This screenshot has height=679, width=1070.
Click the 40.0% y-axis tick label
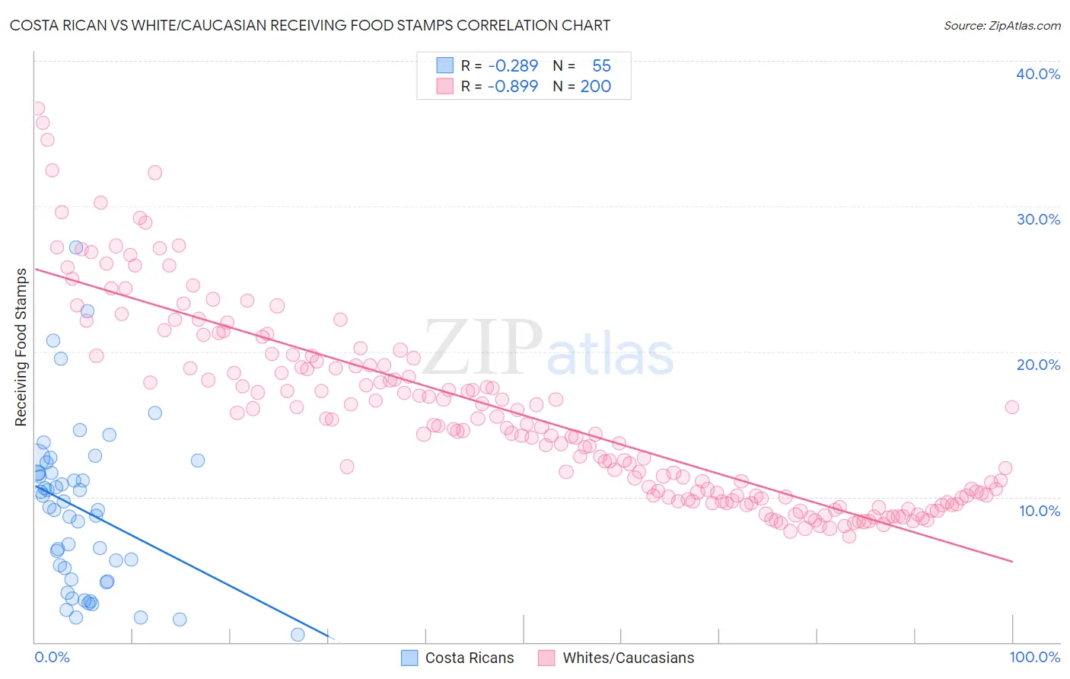click(x=1038, y=74)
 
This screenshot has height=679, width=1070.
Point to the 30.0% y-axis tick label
click(x=1038, y=219)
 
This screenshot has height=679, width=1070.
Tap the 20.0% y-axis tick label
click(x=1038, y=365)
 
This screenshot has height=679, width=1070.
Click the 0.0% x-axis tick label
click(x=52, y=657)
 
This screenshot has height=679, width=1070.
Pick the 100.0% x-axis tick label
click(x=1034, y=657)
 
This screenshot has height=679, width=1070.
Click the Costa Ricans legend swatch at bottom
click(x=409, y=658)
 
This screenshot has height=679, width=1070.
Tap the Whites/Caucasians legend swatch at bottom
click(x=546, y=658)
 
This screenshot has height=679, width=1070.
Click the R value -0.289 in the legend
click(x=513, y=66)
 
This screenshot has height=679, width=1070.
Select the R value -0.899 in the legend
click(x=513, y=86)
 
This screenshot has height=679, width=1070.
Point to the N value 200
click(x=595, y=86)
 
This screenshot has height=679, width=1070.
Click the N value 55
click(x=601, y=66)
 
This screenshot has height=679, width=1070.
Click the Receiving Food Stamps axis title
click(x=21, y=347)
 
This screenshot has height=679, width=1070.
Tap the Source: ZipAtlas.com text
click(x=1002, y=26)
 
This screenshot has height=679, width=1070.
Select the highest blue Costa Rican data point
click(x=76, y=247)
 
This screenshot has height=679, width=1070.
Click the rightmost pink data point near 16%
click(x=1011, y=407)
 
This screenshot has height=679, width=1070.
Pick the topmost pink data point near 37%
click(x=37, y=109)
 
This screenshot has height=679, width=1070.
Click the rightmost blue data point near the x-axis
click(x=298, y=634)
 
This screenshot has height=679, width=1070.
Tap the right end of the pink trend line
click(x=1012, y=561)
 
